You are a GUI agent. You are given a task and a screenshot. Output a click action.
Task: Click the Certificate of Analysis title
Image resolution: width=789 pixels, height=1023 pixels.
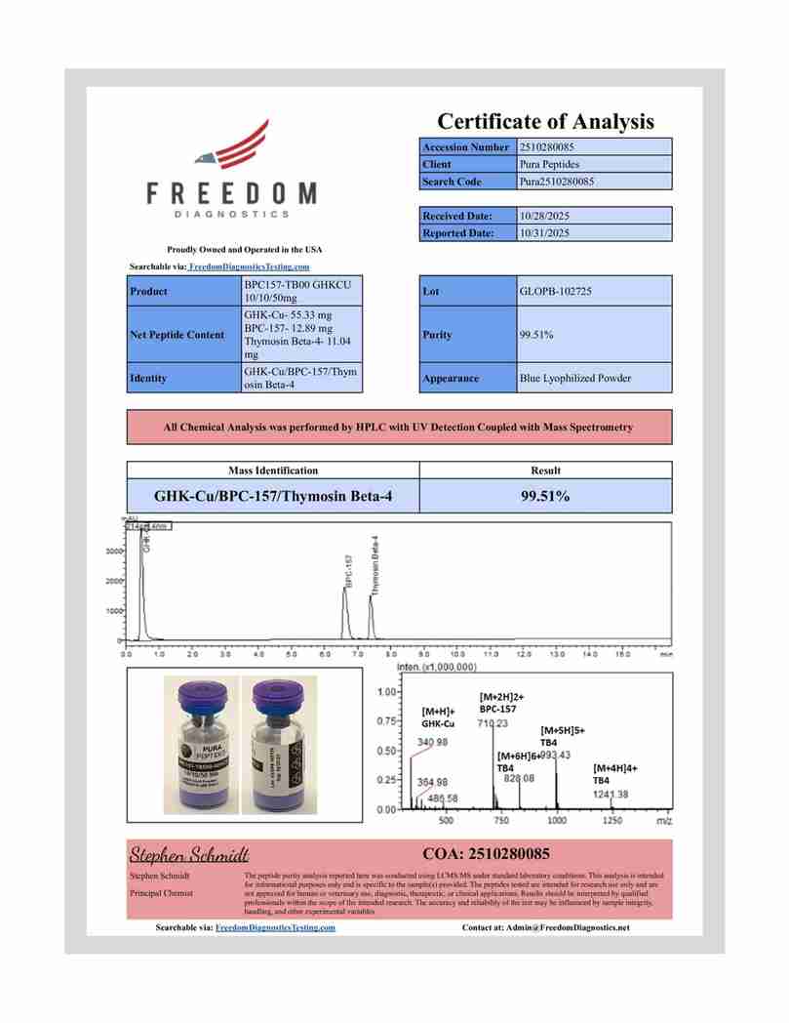click(x=545, y=122)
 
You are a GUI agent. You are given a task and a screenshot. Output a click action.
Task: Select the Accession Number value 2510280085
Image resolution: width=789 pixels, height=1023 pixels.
click(x=552, y=146)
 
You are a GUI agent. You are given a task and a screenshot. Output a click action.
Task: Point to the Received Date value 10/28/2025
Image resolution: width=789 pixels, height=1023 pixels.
click(x=545, y=216)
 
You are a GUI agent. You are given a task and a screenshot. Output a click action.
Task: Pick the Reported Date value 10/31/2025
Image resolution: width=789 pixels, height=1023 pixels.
click(x=545, y=233)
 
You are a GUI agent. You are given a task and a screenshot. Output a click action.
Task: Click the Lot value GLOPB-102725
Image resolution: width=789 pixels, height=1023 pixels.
click(x=557, y=291)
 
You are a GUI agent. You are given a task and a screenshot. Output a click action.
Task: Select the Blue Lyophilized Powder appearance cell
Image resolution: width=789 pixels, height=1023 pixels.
click(x=575, y=378)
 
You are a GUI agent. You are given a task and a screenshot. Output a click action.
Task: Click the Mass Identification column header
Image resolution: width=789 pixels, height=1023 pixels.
click(x=273, y=471)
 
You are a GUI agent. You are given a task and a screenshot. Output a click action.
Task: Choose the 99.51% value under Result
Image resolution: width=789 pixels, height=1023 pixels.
click(x=545, y=496)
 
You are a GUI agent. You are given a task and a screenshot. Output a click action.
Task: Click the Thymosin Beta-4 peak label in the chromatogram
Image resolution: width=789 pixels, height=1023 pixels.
click(x=375, y=565)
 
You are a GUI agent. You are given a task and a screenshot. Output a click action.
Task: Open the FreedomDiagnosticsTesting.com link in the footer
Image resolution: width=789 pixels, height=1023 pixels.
click(x=275, y=927)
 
